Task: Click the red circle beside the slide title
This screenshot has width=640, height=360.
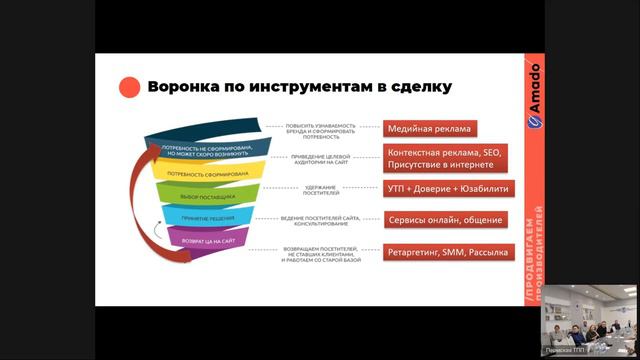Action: pyautogui.click(x=128, y=88)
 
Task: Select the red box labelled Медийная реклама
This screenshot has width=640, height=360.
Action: pyautogui.click(x=431, y=128)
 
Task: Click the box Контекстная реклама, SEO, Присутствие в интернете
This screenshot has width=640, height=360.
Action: pyautogui.click(x=446, y=157)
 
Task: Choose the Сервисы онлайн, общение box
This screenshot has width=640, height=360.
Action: pyautogui.click(x=445, y=219)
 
